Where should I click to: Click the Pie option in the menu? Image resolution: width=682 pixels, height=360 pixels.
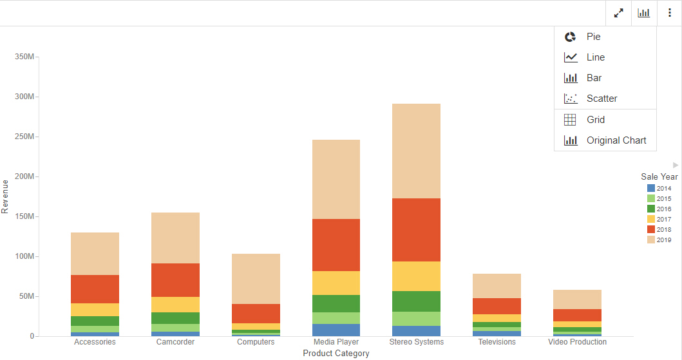pyautogui.click(x=593, y=37)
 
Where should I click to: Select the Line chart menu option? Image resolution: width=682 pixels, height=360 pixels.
pyautogui.click(x=595, y=57)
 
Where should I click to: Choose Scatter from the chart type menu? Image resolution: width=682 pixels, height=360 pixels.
pyautogui.click(x=601, y=99)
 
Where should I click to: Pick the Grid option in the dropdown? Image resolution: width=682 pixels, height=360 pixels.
pyautogui.click(x=595, y=120)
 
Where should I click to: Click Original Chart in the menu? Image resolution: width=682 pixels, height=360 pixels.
pyautogui.click(x=616, y=140)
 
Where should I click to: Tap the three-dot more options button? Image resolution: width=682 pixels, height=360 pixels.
pyautogui.click(x=669, y=13)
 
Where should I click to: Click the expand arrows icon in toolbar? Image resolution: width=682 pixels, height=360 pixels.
pyautogui.click(x=619, y=13)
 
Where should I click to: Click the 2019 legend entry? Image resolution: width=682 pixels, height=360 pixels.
pyautogui.click(x=663, y=240)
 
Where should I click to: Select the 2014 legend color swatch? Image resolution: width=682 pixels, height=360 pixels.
pyautogui.click(x=650, y=189)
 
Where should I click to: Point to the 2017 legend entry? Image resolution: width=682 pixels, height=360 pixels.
pyautogui.click(x=663, y=220)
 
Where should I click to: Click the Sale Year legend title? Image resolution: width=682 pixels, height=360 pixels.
pyautogui.click(x=659, y=176)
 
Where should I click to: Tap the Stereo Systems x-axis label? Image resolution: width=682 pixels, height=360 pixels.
pyautogui.click(x=416, y=342)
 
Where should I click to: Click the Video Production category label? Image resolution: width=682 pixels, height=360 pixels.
pyautogui.click(x=577, y=342)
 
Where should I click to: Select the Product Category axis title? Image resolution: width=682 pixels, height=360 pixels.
pyautogui.click(x=336, y=354)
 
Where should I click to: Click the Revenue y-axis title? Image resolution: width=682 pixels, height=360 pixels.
pyautogui.click(x=6, y=196)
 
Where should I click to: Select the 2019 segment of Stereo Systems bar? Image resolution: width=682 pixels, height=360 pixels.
pyautogui.click(x=416, y=151)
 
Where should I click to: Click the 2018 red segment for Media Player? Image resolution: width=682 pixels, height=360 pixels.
pyautogui.click(x=336, y=245)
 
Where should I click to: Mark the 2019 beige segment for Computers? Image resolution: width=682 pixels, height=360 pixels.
pyautogui.click(x=256, y=278)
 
